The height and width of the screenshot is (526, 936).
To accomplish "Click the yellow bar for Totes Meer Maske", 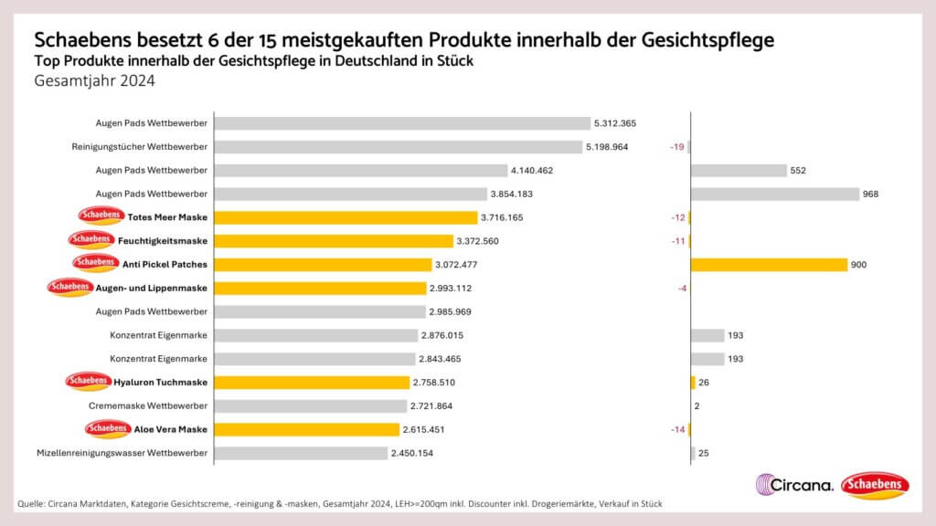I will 346,217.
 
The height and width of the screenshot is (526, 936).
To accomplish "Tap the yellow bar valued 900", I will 769,265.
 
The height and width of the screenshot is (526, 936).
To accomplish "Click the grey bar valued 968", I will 775,194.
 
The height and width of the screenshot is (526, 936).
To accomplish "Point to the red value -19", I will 676,147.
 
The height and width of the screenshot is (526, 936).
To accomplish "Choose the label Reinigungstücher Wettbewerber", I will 140,147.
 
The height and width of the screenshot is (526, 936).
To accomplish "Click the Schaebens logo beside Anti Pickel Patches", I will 96,264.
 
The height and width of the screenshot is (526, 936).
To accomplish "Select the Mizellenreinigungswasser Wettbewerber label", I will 122,453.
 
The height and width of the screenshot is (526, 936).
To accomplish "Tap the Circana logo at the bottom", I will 794,485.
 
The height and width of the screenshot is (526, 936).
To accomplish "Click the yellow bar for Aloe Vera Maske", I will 306,429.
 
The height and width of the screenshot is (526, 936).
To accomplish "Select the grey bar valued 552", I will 739,171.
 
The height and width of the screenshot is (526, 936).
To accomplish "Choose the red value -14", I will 676,429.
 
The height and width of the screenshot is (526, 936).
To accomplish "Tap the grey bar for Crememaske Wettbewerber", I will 310,405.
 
